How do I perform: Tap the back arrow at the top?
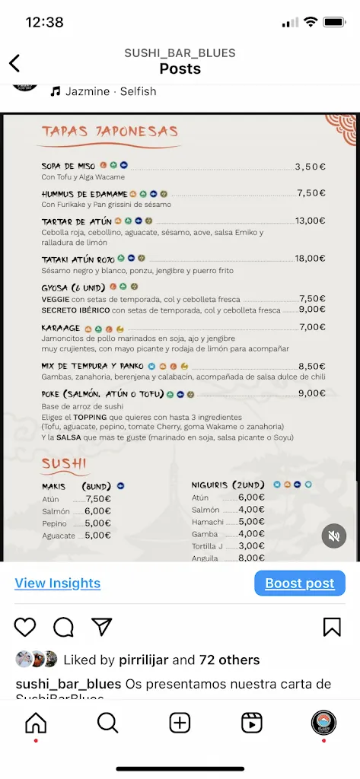(x=14, y=63)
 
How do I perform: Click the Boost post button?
(x=300, y=583)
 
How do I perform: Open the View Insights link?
(x=58, y=583)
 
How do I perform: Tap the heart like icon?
(x=25, y=627)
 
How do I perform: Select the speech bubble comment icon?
(x=63, y=627)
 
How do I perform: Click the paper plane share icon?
(x=101, y=627)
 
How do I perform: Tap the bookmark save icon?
(x=332, y=627)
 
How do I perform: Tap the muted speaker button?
(x=333, y=536)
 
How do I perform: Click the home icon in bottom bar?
(x=36, y=723)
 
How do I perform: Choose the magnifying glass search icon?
(x=107, y=723)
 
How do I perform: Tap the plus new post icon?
(x=180, y=723)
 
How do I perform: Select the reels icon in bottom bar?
(x=251, y=723)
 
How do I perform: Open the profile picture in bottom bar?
(x=323, y=723)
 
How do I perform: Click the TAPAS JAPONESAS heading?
(x=110, y=132)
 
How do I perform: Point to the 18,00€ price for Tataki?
(x=310, y=259)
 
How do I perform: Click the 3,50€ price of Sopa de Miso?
(x=310, y=166)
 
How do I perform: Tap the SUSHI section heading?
(x=64, y=463)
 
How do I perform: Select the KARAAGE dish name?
(x=60, y=328)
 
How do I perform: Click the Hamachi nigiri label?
(x=208, y=522)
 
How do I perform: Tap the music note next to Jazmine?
(x=55, y=91)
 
